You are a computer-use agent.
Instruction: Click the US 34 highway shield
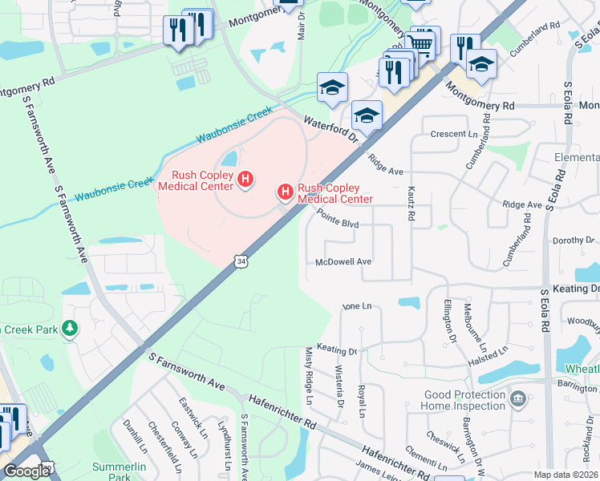tap(241, 261)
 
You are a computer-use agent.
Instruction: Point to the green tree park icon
tap(71, 329)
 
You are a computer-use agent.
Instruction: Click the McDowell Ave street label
tap(343, 261)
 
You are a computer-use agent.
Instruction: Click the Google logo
tap(26, 471)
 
